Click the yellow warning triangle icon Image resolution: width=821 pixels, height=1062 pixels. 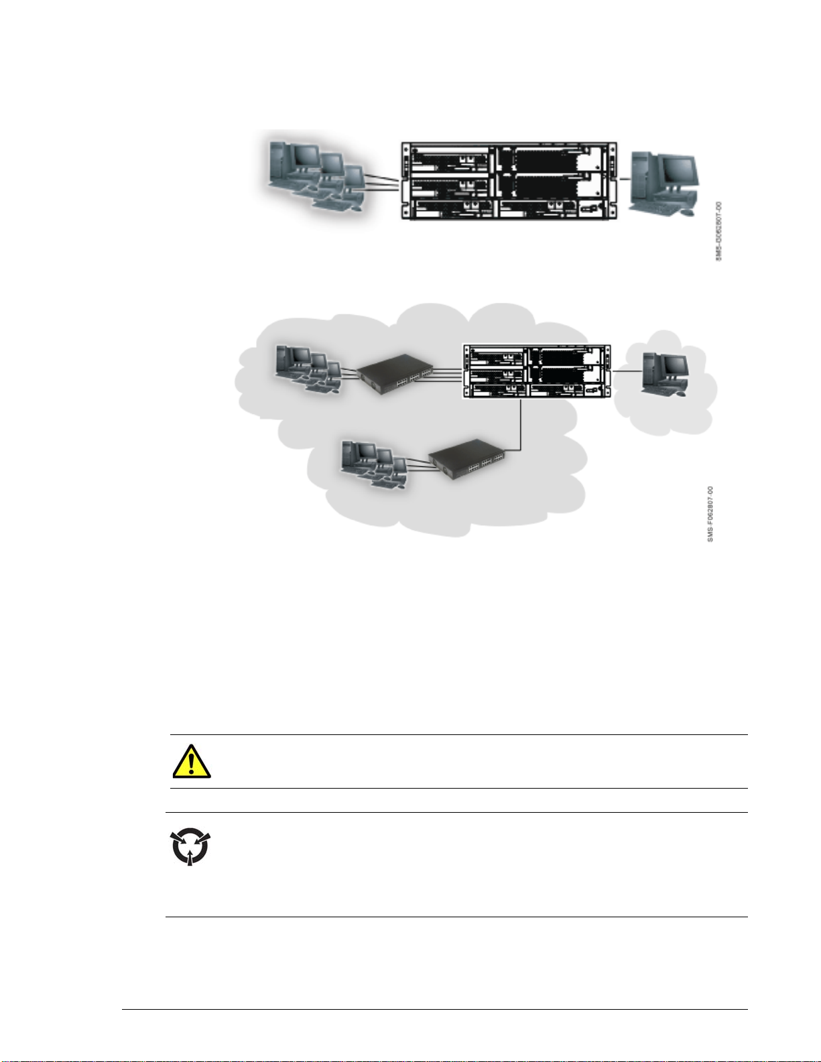coord(192,762)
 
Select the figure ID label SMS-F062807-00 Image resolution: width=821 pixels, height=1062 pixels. coord(711,515)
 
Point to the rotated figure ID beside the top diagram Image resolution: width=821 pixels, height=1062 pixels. coord(719,231)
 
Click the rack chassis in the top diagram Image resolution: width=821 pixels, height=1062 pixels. coord(509,181)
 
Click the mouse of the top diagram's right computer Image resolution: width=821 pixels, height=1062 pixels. coord(686,212)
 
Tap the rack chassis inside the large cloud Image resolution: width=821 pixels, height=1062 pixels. coord(537,371)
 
